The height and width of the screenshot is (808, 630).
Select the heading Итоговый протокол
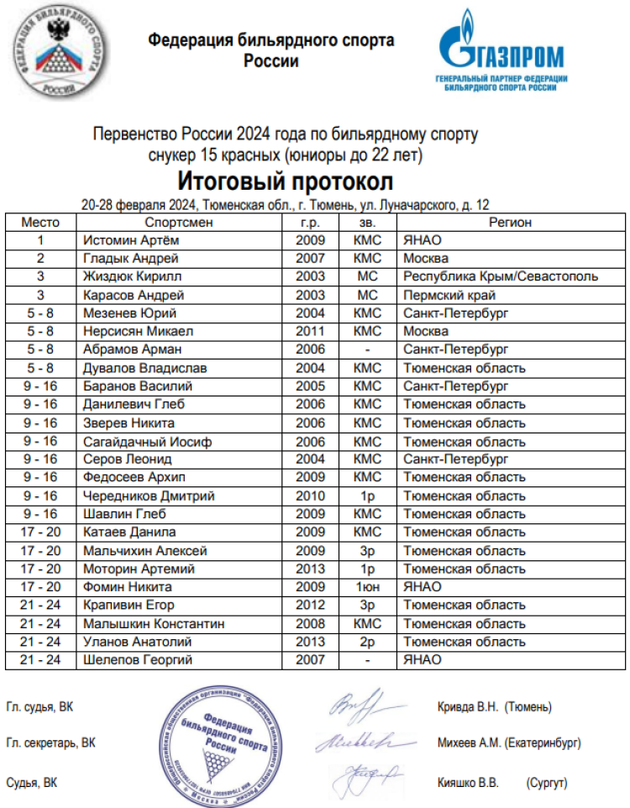coord(285,181)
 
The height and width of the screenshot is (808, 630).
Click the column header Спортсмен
coord(179,223)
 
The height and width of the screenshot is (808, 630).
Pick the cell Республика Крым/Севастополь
coord(501,276)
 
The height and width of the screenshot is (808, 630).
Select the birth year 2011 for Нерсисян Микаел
coord(310,331)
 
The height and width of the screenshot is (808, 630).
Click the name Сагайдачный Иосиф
coord(148,441)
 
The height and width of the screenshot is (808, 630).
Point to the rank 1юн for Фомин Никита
coord(367,587)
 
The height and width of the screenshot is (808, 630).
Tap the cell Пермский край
coord(449,295)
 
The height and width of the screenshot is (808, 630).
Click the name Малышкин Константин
coord(155,624)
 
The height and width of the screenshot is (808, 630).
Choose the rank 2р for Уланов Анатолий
coord(367,642)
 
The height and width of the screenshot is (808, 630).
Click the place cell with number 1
coord(39,240)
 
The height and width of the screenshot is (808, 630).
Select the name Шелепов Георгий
coord(138,660)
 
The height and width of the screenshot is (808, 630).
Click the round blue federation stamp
coord(221,740)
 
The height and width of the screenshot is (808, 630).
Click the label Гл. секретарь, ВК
coord(50,742)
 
